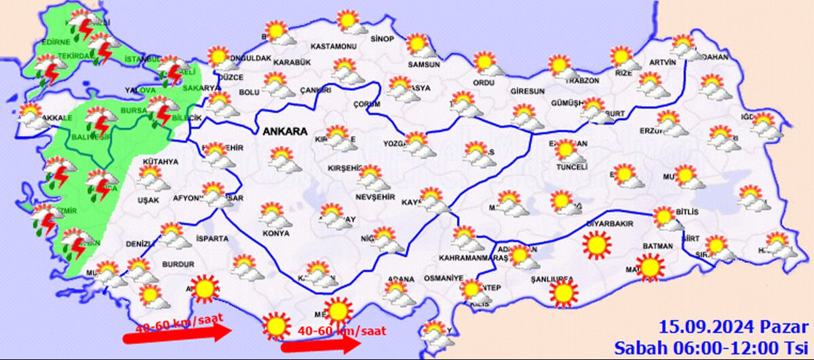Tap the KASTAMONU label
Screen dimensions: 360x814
[333, 47]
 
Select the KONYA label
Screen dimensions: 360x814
[275, 233]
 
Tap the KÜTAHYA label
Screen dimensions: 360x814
[160, 162]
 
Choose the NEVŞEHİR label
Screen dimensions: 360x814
[374, 197]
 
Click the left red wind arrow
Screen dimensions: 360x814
[178, 334]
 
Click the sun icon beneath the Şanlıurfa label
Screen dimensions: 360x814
[564, 294]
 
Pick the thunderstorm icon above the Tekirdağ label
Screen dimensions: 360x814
[103, 48]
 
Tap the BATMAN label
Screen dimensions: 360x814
[657, 246]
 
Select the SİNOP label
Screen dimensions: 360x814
[382, 39]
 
